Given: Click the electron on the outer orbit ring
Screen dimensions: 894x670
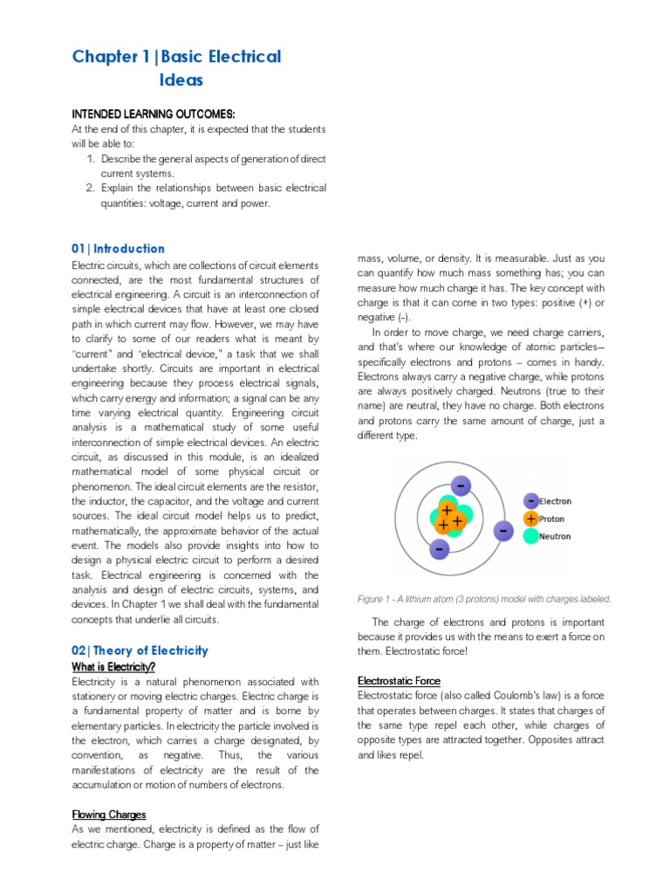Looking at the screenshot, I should (x=502, y=529).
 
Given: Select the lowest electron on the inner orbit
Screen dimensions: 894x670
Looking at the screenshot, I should (x=438, y=548).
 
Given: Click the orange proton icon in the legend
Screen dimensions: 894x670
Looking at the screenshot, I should (x=530, y=518).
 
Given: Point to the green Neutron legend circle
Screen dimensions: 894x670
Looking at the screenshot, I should (x=530, y=535).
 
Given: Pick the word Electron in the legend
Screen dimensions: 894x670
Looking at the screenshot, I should (x=555, y=501).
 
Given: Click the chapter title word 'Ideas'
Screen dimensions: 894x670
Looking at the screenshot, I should (x=181, y=80).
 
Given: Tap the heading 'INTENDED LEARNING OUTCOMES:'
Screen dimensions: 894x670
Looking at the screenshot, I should (x=153, y=114).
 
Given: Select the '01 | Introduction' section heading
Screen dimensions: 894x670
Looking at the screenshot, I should (x=118, y=249).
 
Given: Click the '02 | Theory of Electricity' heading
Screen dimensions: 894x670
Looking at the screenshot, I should (x=140, y=650).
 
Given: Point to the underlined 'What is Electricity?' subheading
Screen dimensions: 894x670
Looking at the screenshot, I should (x=113, y=667).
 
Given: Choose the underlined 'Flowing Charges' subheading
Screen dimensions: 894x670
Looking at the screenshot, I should (x=109, y=815).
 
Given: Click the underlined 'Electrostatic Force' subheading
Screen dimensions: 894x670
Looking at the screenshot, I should (x=399, y=680).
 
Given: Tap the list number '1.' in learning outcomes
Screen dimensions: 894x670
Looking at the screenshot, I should (x=91, y=159).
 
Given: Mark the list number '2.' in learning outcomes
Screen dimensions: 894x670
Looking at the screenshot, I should (x=91, y=188).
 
